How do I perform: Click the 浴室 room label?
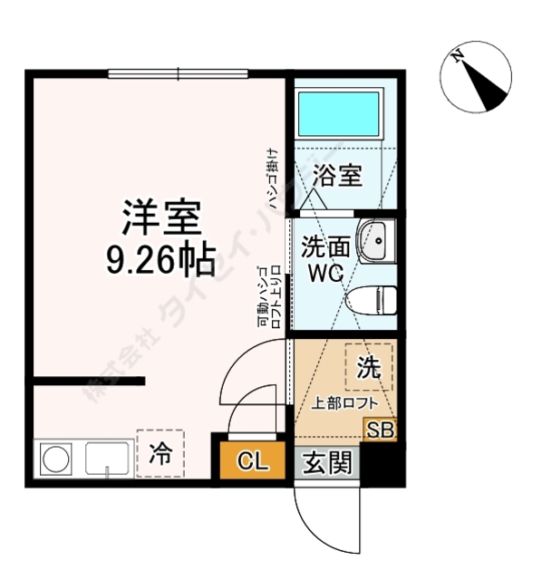click(x=337, y=176)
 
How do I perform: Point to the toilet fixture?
click(x=373, y=297)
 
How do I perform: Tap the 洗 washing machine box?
click(x=368, y=367)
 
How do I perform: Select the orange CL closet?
click(x=252, y=462)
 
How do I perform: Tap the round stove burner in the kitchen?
click(x=56, y=459)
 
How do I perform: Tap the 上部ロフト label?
click(x=340, y=403)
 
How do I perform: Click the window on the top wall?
click(x=178, y=73)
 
